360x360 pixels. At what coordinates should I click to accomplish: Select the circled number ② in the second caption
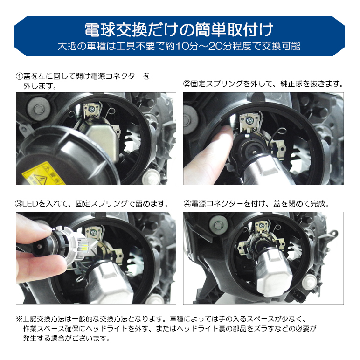click(187, 84)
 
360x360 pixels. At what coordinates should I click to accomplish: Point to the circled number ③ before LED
click(19, 204)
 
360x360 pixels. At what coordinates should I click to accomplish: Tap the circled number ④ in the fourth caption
click(187, 204)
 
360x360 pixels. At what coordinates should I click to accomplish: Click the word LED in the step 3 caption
click(31, 204)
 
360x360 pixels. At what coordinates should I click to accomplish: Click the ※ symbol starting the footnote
click(19, 319)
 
